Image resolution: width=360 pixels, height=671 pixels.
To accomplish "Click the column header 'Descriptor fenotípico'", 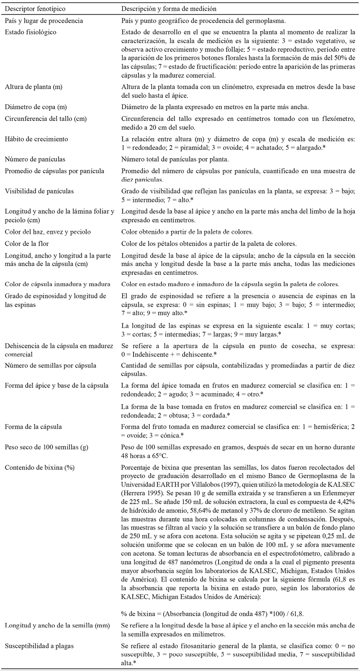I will coord(35,8).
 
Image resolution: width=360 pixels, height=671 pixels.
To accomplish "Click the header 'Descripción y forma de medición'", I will coord(169,8).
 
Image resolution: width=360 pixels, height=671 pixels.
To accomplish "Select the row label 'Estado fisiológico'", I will coord(31,32).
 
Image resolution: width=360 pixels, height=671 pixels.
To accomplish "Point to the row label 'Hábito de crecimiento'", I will coord(36,139).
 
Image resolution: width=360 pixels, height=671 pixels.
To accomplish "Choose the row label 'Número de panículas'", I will coord(35,159).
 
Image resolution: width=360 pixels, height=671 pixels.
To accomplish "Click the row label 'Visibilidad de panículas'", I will coord(39,191).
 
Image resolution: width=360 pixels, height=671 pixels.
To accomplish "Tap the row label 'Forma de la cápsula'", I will coord(33,427).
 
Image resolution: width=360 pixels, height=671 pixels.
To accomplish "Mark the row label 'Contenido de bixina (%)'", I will coord(40,467).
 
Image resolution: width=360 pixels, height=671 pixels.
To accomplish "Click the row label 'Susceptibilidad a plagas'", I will coord(39,646).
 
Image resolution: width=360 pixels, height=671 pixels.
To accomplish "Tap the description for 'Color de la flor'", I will coord(209,243).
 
